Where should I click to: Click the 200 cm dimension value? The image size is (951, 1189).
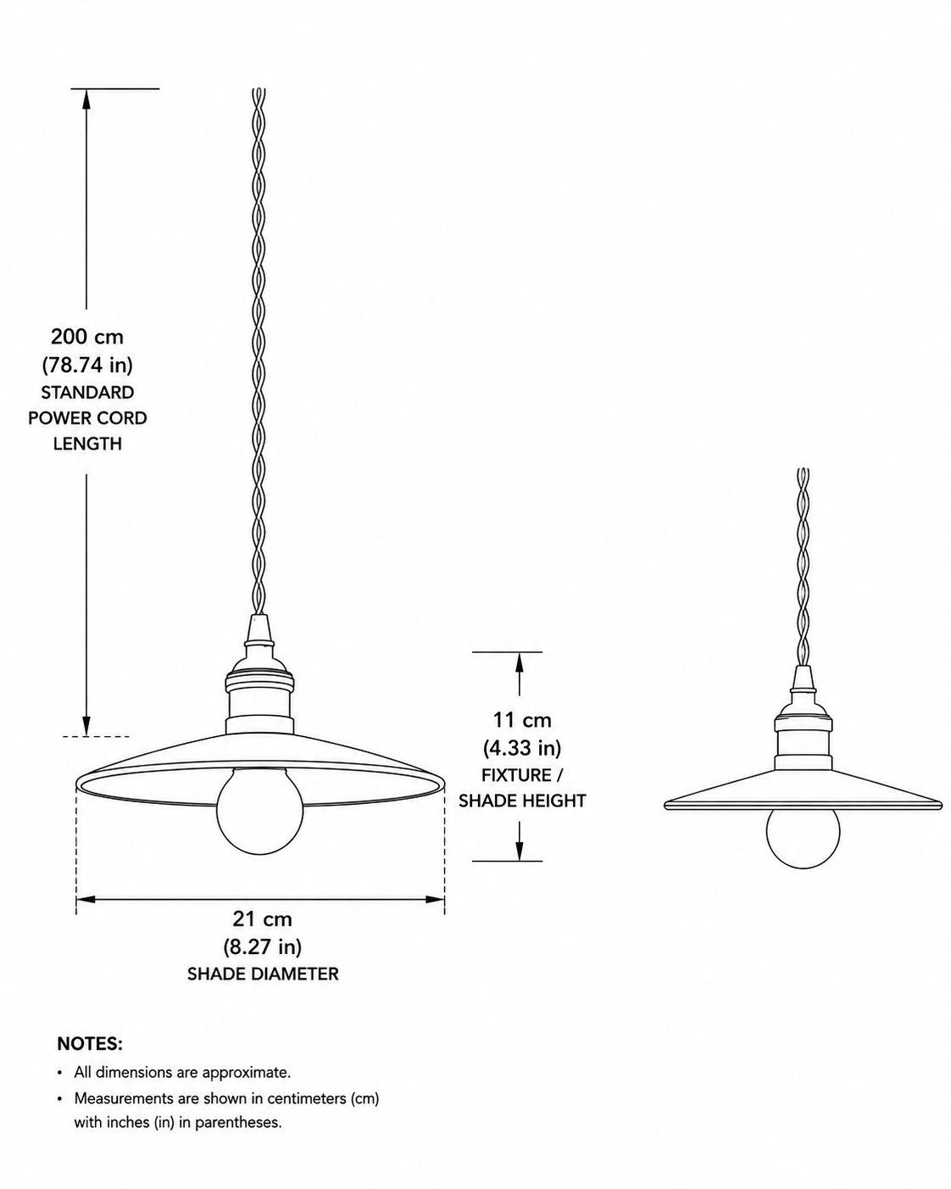click(x=87, y=337)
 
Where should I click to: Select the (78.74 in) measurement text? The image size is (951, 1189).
click(x=87, y=365)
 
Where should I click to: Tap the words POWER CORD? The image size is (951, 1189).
click(x=87, y=418)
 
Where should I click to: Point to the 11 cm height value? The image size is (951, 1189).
click(x=522, y=720)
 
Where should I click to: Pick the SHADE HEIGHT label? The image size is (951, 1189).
click(x=522, y=801)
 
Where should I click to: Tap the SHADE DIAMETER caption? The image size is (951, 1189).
click(x=262, y=974)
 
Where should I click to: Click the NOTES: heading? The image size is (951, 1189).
click(x=90, y=1044)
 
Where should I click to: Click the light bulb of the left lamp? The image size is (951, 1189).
click(x=260, y=811)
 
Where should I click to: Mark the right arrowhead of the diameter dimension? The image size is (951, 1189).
click(x=435, y=900)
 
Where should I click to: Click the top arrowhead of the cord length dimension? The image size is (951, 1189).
click(x=86, y=99)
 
